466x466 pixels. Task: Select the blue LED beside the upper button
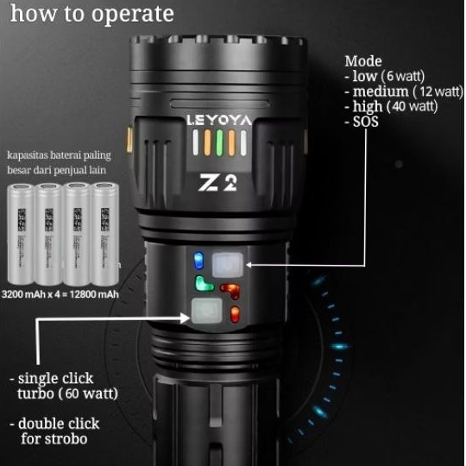tap(198, 260)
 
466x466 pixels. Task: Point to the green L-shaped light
tap(204, 284)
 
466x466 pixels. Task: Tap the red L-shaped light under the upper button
tap(230, 289)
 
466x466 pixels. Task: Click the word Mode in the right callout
tap(362, 61)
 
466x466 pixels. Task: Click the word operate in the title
tap(136, 15)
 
